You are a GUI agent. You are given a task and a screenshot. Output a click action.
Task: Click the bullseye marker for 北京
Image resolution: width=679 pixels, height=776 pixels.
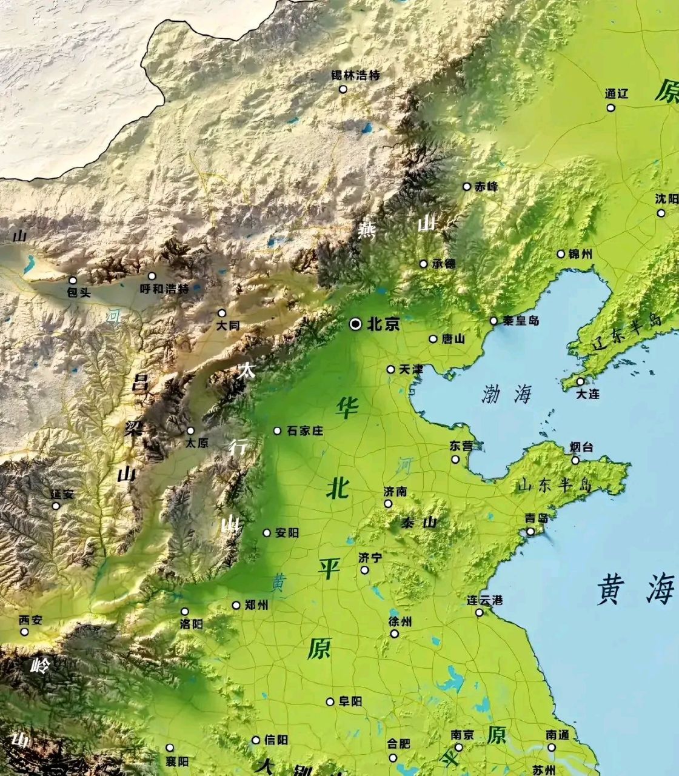pyautogui.click(x=356, y=324)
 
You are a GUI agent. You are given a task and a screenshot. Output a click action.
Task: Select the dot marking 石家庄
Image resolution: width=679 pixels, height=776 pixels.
pyautogui.click(x=277, y=430)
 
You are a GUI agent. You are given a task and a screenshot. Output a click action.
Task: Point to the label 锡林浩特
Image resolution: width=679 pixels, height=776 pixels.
pyautogui.click(x=355, y=76)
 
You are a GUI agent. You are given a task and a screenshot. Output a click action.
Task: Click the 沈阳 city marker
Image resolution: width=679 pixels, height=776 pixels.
pyautogui.click(x=661, y=213)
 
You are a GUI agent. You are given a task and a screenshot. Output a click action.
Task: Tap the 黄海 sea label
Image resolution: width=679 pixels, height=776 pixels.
pyautogui.click(x=635, y=589)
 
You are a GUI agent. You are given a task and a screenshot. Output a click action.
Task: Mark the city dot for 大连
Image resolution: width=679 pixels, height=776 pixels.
pyautogui.click(x=580, y=381)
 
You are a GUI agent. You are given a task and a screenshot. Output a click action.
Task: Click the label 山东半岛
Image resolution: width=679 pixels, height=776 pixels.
pyautogui.click(x=554, y=485)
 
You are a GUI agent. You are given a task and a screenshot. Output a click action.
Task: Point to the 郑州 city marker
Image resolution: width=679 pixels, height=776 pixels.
pyautogui.click(x=236, y=605)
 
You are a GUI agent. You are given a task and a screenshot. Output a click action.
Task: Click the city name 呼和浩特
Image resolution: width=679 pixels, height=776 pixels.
pyautogui.click(x=164, y=289)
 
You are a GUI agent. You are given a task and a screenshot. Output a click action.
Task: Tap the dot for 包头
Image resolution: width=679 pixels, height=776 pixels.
pyautogui.click(x=73, y=280)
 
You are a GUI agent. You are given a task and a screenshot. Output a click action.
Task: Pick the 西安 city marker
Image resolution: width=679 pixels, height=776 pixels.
pyautogui.click(x=24, y=632)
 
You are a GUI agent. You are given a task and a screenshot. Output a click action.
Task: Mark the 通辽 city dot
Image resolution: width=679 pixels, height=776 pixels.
pyautogui.click(x=610, y=108)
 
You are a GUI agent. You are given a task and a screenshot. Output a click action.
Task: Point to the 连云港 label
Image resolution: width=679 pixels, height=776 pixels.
pyautogui.click(x=484, y=601)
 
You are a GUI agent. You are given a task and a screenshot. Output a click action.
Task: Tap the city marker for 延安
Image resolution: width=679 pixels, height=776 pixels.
pyautogui.click(x=56, y=506)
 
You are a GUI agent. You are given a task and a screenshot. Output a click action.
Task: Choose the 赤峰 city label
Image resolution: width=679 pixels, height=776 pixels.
pyautogui.click(x=487, y=186)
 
